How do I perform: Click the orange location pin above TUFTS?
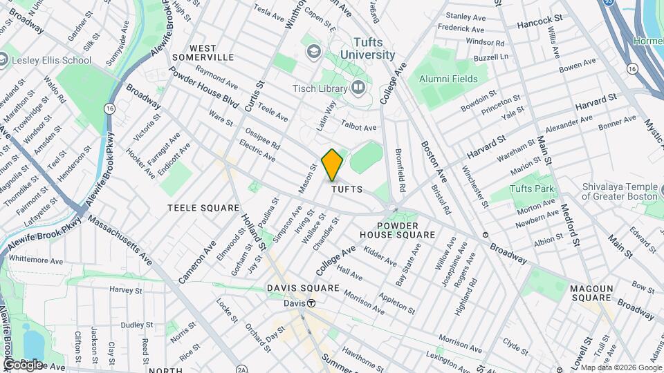(333, 164)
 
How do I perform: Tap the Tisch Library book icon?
(358, 88)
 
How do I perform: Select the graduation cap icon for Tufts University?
(314, 52)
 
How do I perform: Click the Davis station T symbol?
(312, 303)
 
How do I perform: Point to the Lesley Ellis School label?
(53, 60)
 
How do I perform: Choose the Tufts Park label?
(532, 189)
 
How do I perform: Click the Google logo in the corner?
(23, 364)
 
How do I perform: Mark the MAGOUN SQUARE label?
(591, 292)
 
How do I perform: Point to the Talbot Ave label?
(360, 126)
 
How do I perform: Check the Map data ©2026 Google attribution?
(620, 367)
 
